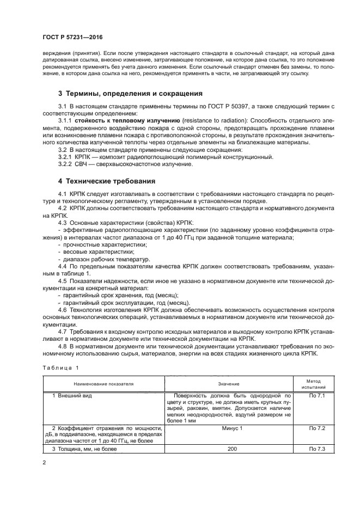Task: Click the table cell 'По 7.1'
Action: pyautogui.click(x=316, y=396)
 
